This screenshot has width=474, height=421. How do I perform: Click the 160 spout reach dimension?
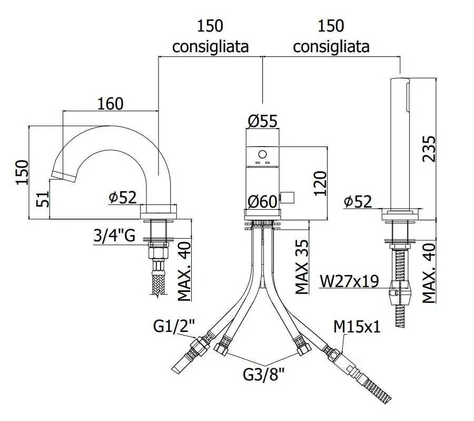coord(111,104)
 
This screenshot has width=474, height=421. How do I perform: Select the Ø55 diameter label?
coord(262,121)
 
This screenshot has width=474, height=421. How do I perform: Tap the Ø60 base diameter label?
coord(262,201)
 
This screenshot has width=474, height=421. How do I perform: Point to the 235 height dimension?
coord(429,149)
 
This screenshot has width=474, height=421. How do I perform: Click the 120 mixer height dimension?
coord(320,183)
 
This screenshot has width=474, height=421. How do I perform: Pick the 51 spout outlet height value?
coord(43,199)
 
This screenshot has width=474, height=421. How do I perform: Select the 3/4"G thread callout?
coord(114,236)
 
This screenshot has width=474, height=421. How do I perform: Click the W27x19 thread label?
coord(349,281)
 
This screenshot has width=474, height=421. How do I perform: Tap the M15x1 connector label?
coord(357,327)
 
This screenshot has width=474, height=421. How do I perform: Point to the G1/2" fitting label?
coord(174,326)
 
